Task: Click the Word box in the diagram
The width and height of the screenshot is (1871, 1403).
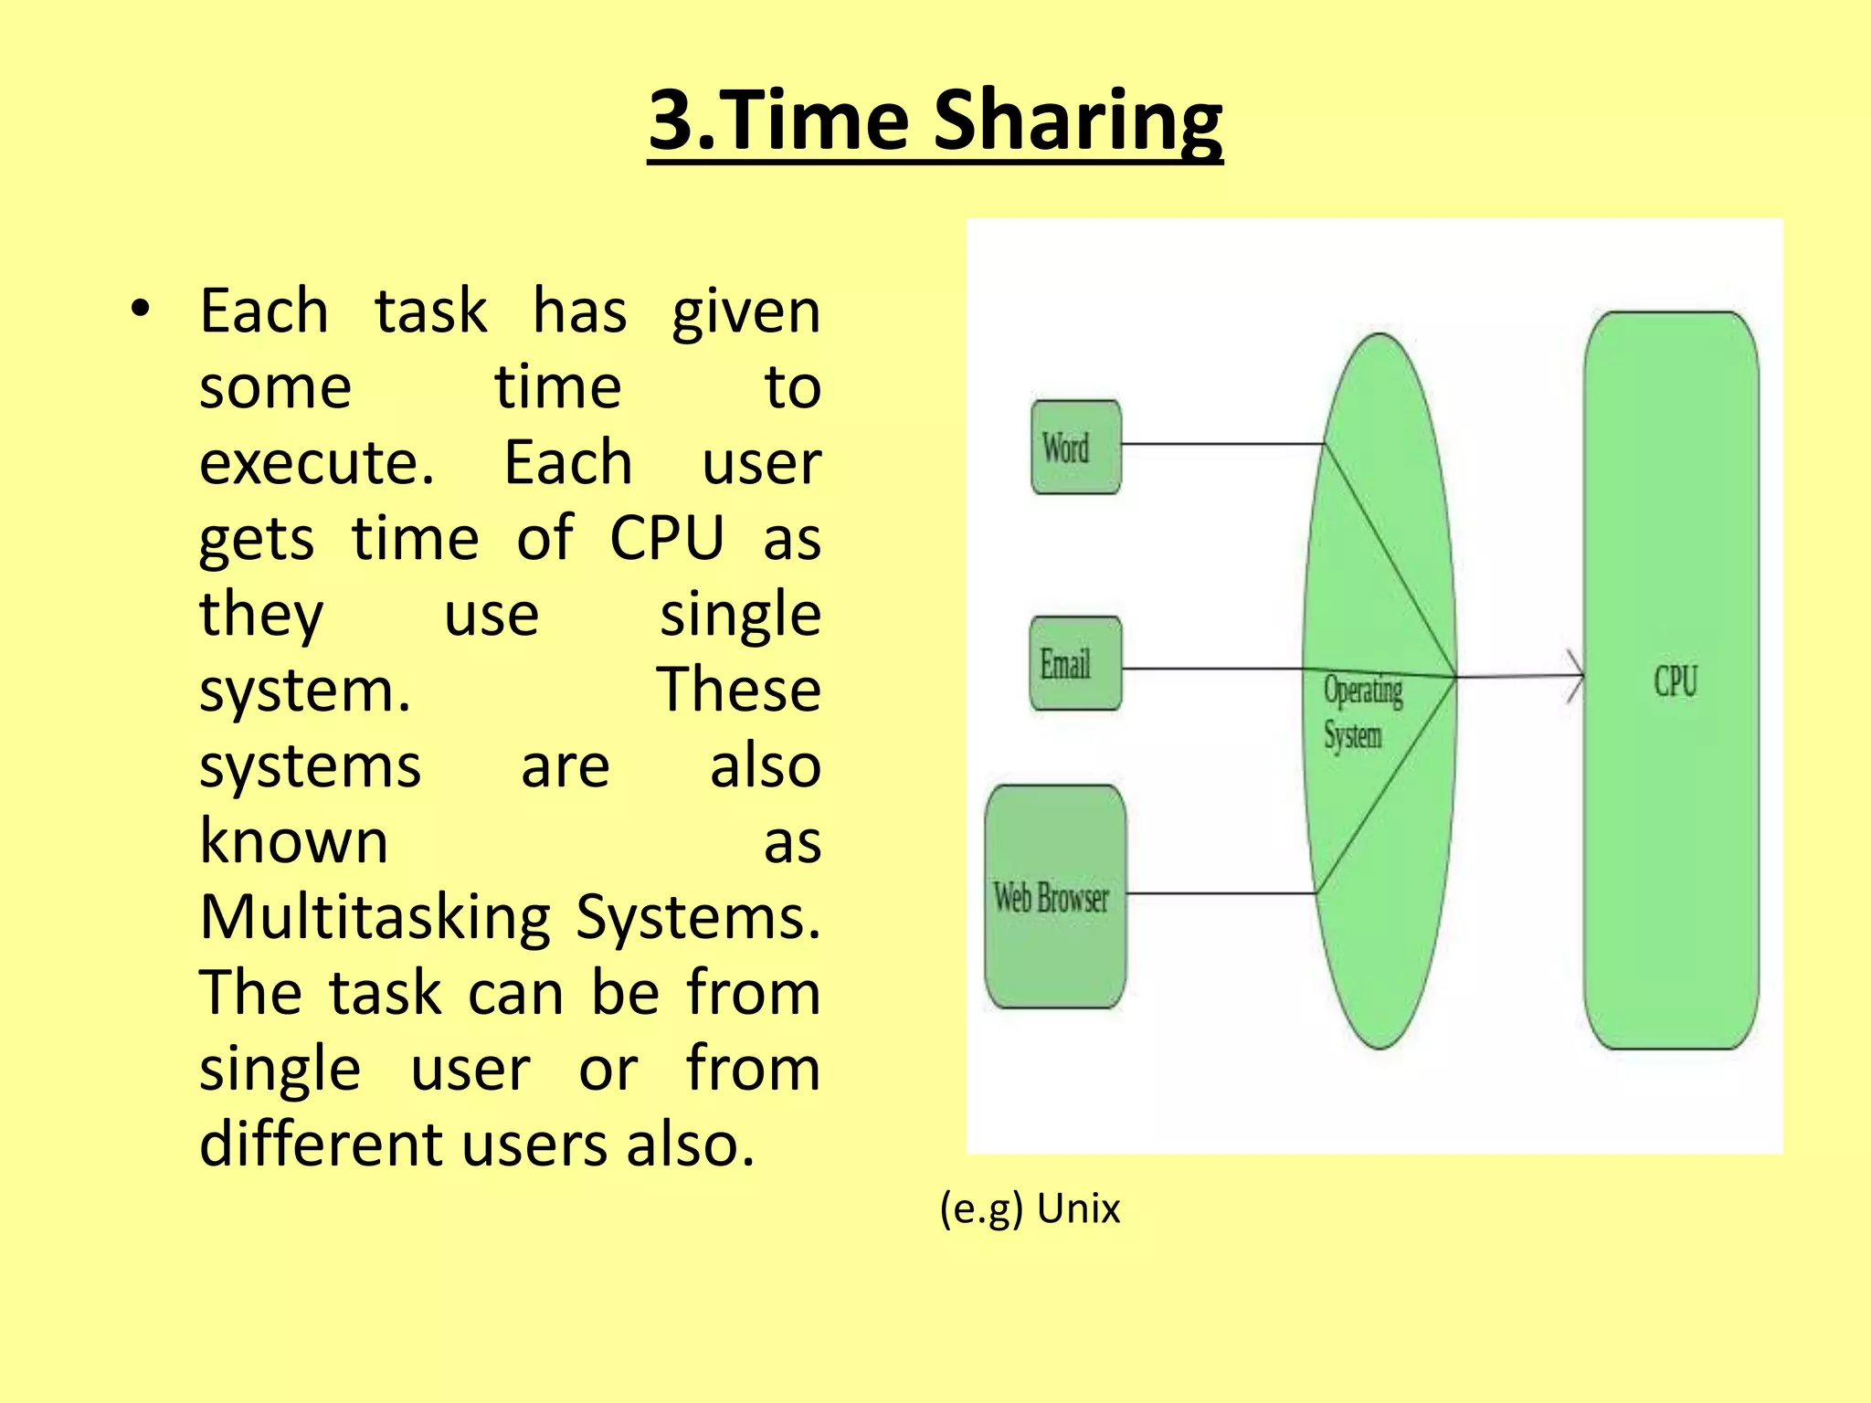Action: coord(1075,447)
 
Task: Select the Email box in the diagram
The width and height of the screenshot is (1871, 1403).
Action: coord(1075,663)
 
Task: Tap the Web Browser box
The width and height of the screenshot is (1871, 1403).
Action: coord(1055,896)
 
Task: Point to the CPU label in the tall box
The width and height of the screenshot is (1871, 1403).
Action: coord(1675,681)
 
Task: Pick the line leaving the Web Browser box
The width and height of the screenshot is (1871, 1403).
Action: coord(1221,893)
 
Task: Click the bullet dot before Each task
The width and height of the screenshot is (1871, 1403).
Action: coord(139,310)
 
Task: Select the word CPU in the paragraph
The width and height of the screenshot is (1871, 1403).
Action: coord(667,538)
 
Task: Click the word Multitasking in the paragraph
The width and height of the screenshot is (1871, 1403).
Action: coord(375,917)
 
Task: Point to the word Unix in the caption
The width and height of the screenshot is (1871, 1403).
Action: coord(1078,1208)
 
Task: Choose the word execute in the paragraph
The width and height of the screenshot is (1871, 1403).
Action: coord(316,462)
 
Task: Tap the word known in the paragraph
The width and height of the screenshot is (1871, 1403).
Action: coord(294,841)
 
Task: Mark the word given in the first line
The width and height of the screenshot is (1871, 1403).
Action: coord(745,312)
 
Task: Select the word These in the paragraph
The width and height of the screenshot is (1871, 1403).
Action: coord(738,690)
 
